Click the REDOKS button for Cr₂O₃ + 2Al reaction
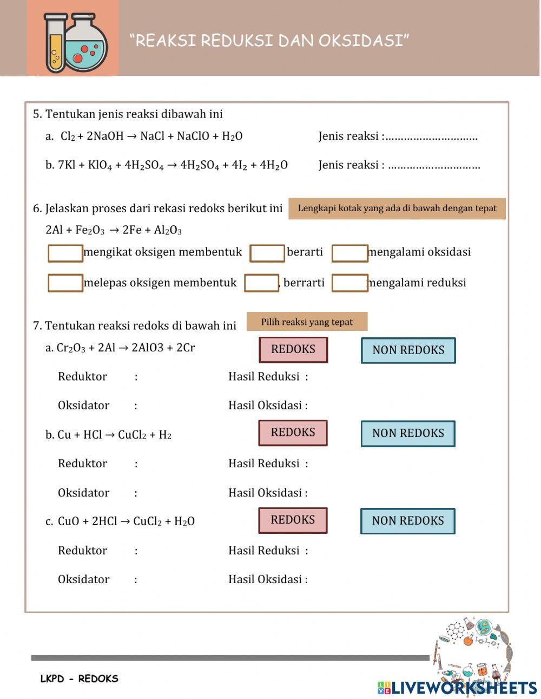coord(293,349)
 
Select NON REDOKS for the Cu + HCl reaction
coord(408,433)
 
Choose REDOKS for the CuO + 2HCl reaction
coord(293,520)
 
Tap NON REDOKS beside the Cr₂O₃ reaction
coord(408,350)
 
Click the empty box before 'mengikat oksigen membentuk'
coord(65,253)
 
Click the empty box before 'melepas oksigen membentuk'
coord(65,283)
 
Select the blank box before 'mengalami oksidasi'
coord(349,253)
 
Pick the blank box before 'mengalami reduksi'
coord(349,283)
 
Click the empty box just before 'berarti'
coord(267,253)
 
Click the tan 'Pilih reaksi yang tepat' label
coord(307,322)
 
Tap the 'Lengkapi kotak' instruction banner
coord(397,208)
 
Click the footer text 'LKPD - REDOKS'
coord(80,678)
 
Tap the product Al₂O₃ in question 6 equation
coord(168,231)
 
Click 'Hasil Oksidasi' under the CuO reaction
coord(267,579)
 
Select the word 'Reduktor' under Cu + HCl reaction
coord(82,463)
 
